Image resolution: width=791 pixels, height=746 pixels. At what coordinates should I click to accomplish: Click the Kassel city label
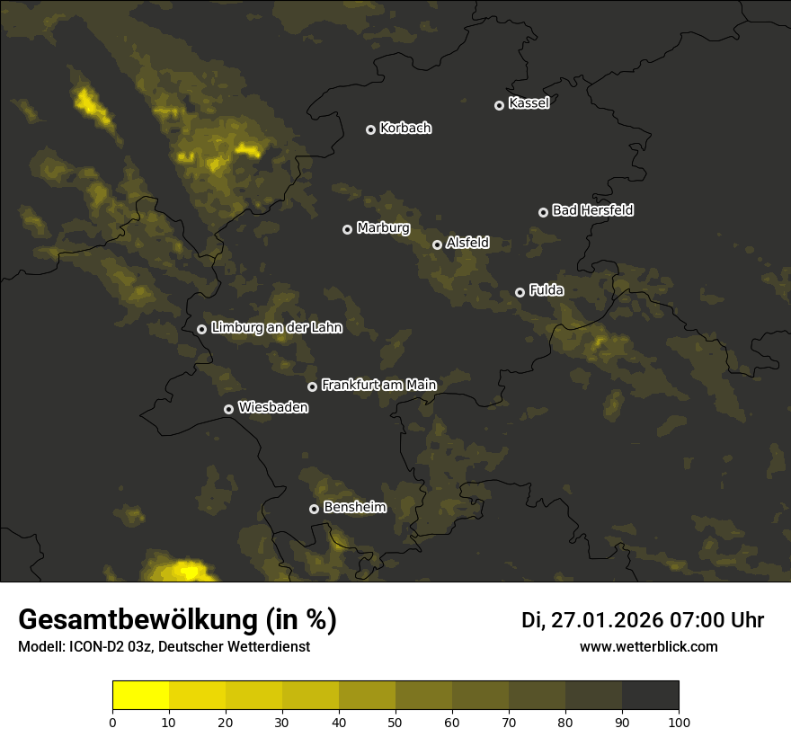coord(529,103)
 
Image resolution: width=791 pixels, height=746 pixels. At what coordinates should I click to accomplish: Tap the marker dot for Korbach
coord(370,129)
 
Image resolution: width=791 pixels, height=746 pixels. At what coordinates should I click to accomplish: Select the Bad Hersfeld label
coord(592,210)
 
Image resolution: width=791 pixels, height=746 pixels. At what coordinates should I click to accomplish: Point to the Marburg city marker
coord(347,229)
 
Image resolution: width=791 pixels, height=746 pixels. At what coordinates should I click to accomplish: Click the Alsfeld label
coord(467,243)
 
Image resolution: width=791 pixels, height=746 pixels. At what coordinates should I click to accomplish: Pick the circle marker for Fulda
coord(520,292)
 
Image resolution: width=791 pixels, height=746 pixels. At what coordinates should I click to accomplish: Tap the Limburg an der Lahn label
coord(276,328)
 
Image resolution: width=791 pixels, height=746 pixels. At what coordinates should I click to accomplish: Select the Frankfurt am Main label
coord(378,385)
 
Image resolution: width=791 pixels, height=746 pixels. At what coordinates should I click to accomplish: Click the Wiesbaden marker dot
coord(228,409)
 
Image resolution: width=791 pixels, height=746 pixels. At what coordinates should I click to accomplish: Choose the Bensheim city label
coord(354,507)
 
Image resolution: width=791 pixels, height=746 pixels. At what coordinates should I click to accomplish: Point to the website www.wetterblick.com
coord(648,647)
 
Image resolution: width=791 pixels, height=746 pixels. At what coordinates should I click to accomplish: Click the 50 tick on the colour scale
coord(395,722)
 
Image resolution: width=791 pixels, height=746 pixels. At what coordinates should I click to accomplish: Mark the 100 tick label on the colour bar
coord(679,722)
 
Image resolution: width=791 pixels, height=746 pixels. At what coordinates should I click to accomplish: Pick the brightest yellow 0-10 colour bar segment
coord(140,696)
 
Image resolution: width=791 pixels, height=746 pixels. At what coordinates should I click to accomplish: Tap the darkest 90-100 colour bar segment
coord(650,696)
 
